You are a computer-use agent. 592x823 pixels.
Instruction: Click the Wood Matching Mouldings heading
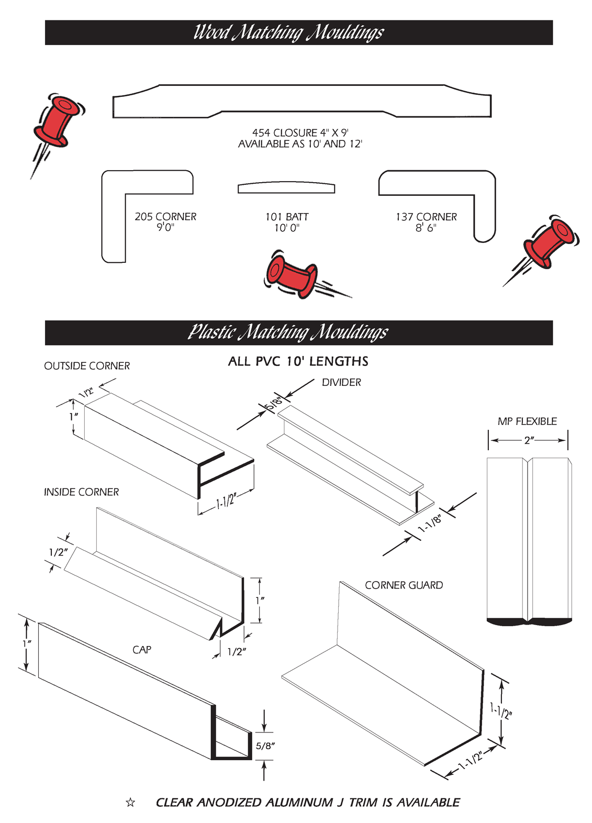[x=288, y=32]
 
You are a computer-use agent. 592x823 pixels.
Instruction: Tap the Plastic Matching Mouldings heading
[x=288, y=332]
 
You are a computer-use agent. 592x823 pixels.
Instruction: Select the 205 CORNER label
[x=165, y=217]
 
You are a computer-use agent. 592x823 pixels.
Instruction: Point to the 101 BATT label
[x=287, y=217]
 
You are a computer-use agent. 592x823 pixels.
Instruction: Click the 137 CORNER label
[x=426, y=217]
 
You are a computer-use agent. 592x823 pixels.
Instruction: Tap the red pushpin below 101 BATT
[x=292, y=274]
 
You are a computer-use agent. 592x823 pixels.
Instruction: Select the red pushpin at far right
[x=549, y=242]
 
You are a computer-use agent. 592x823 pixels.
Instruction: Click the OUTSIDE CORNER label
[x=87, y=366]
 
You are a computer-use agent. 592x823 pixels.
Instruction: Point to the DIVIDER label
[x=341, y=382]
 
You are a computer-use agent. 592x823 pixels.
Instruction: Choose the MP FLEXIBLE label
[x=527, y=421]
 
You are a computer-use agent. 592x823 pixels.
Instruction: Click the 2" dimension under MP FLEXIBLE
[x=529, y=440]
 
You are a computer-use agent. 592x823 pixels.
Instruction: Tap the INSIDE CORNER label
[x=81, y=492]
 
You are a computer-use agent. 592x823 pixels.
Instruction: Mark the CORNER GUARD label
[x=404, y=585]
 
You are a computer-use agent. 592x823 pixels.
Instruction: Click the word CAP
[x=142, y=650]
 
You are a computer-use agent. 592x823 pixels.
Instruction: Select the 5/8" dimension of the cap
[x=265, y=746]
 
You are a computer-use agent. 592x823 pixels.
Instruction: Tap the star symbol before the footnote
[x=130, y=802]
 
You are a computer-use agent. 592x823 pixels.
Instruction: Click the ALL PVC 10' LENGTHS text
[x=298, y=361]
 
